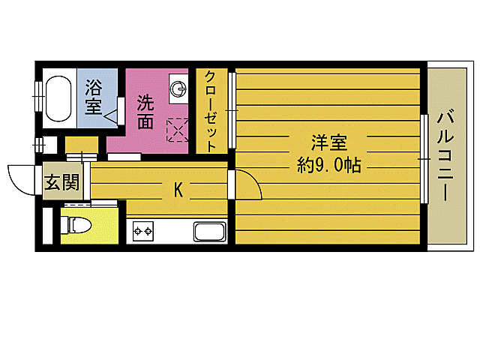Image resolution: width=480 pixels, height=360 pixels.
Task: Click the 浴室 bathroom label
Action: coord(94,96)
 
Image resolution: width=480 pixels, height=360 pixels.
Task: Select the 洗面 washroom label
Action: coord(146,110)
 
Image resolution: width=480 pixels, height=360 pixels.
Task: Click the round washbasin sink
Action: coord(179,89)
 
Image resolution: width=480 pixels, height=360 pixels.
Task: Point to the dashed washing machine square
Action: coord(178,130)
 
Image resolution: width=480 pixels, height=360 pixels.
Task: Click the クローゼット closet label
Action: coord(212,110)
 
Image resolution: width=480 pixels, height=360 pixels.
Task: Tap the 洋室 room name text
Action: coord(329,142)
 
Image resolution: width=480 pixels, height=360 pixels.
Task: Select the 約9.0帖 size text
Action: coord(329,165)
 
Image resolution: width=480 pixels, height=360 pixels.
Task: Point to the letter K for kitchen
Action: coord(178,189)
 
